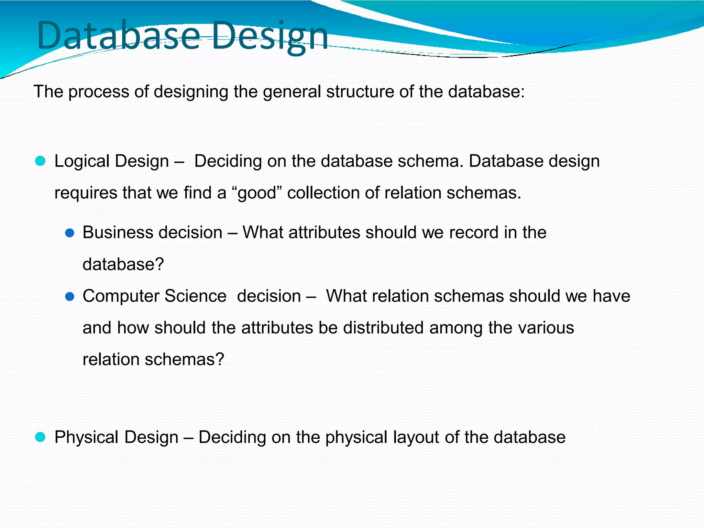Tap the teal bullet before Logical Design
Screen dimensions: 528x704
[40, 161]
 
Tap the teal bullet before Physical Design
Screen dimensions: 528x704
[40, 437]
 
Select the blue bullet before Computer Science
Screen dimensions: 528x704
[69, 297]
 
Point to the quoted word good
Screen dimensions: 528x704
[257, 193]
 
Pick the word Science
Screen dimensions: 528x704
[195, 296]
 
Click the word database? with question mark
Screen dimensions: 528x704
[123, 264]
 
